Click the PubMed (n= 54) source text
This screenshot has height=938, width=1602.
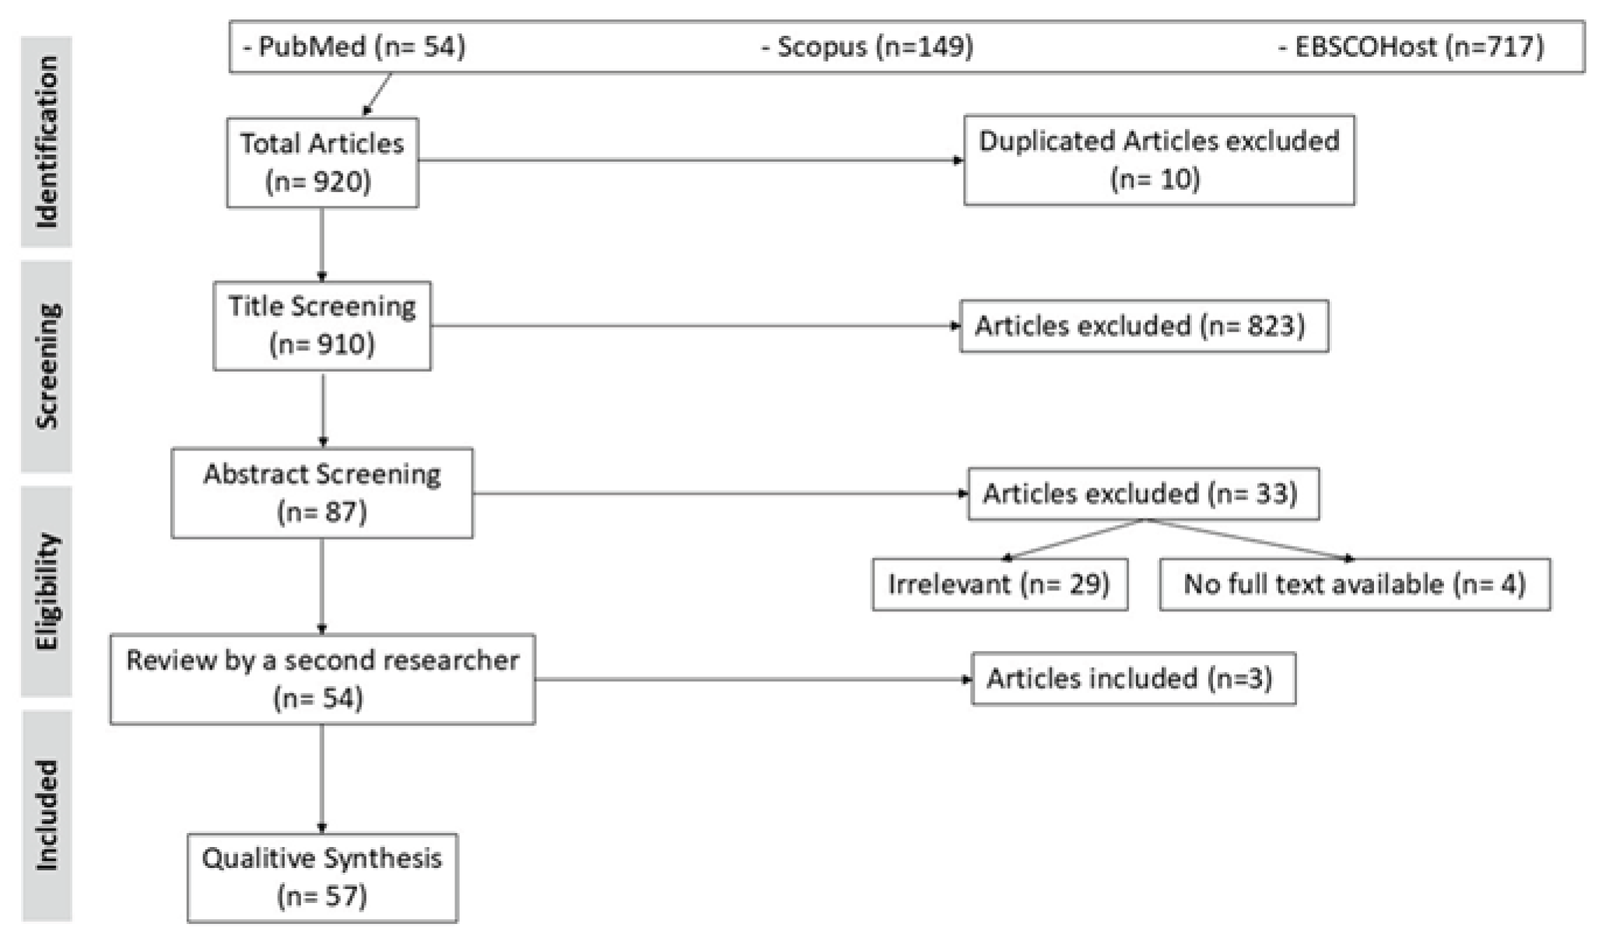pyautogui.click(x=354, y=47)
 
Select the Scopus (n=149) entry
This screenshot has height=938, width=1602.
pyautogui.click(x=867, y=47)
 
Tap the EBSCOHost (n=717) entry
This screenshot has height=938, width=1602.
pyautogui.click(x=1411, y=47)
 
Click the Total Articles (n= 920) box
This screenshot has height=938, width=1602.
pyautogui.click(x=322, y=163)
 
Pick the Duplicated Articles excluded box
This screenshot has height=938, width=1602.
pyautogui.click(x=1159, y=160)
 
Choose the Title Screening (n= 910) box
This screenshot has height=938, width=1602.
pyautogui.click(x=322, y=325)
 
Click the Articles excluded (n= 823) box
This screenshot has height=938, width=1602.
pyautogui.click(x=1144, y=326)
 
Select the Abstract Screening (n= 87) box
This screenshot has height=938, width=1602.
pyautogui.click(x=322, y=492)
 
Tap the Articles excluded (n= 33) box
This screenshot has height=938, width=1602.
pyautogui.click(x=1143, y=494)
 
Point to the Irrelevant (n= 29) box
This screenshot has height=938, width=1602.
pyautogui.click(x=999, y=584)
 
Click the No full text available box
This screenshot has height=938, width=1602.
pyautogui.click(x=1354, y=584)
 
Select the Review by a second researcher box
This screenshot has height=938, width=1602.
pyautogui.click(x=322, y=679)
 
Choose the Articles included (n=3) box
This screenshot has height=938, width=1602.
pyautogui.click(x=1133, y=679)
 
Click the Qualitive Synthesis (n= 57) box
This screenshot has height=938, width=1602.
pyautogui.click(x=322, y=877)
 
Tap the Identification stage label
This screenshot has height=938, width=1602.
pyautogui.click(x=47, y=142)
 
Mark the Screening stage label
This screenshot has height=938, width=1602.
pyautogui.click(x=47, y=366)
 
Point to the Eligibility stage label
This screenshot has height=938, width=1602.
pyautogui.click(x=47, y=591)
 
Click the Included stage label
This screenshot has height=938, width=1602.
pyautogui.click(x=47, y=815)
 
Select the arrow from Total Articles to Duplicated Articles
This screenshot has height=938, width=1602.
pyautogui.click(x=689, y=161)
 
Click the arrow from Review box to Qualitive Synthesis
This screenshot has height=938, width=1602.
pyautogui.click(x=322, y=778)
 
